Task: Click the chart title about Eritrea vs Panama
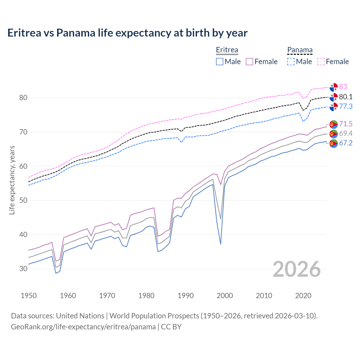pyautogui.click(x=127, y=33)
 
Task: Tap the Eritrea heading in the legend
pyautogui.click(x=227, y=50)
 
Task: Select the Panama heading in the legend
pyautogui.click(x=300, y=50)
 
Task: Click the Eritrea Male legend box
pyautogui.click(x=220, y=62)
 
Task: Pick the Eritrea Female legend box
pyautogui.click(x=250, y=62)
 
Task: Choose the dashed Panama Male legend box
pyautogui.click(x=291, y=62)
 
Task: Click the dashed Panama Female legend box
pyautogui.click(x=321, y=62)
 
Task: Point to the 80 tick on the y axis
pyautogui.click(x=23, y=98)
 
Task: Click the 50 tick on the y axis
pyautogui.click(x=23, y=201)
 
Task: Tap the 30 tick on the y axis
pyautogui.click(x=23, y=269)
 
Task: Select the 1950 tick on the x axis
pyautogui.click(x=29, y=296)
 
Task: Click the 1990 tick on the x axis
pyautogui.click(x=186, y=296)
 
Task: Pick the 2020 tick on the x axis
pyautogui.click(x=303, y=296)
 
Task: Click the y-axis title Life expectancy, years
pyautogui.click(x=12, y=180)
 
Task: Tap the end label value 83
pyautogui.click(x=343, y=87)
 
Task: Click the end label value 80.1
pyautogui.click(x=346, y=97)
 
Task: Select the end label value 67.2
pyautogui.click(x=346, y=143)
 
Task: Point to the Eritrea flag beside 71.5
pyautogui.click(x=334, y=124)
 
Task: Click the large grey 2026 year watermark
pyautogui.click(x=297, y=269)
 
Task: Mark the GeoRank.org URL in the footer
pyautogui.click(x=83, y=327)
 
